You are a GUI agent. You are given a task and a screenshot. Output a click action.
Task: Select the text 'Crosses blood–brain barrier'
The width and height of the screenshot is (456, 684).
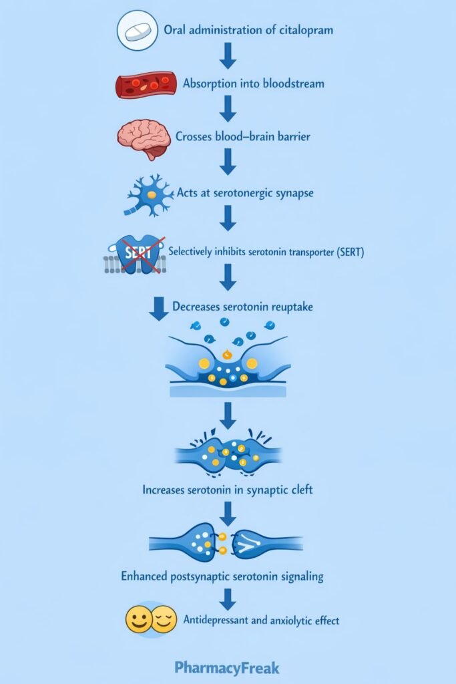coord(243,137)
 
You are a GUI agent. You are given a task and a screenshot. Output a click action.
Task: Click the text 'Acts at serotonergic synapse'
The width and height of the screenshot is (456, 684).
coord(245,192)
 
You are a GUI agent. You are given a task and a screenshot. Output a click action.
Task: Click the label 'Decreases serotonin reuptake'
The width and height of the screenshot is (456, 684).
coord(242,307)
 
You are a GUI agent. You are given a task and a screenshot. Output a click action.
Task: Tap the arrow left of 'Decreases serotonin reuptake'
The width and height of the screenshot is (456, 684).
coord(158,309)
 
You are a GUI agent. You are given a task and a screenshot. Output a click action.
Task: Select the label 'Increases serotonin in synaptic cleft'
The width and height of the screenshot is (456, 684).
coord(228,490)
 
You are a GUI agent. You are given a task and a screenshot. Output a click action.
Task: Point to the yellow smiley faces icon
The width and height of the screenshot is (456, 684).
coord(151,620)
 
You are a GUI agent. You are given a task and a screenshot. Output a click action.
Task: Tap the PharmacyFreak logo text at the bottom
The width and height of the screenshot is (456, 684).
coord(227,668)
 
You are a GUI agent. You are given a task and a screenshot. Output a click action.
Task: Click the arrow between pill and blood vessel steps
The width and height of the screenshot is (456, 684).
coord(228,56)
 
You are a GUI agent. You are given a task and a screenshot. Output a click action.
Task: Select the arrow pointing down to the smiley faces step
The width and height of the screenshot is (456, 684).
coord(228,598)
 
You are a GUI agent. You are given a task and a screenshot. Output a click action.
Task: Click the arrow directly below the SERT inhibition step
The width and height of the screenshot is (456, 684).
coord(228,277)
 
